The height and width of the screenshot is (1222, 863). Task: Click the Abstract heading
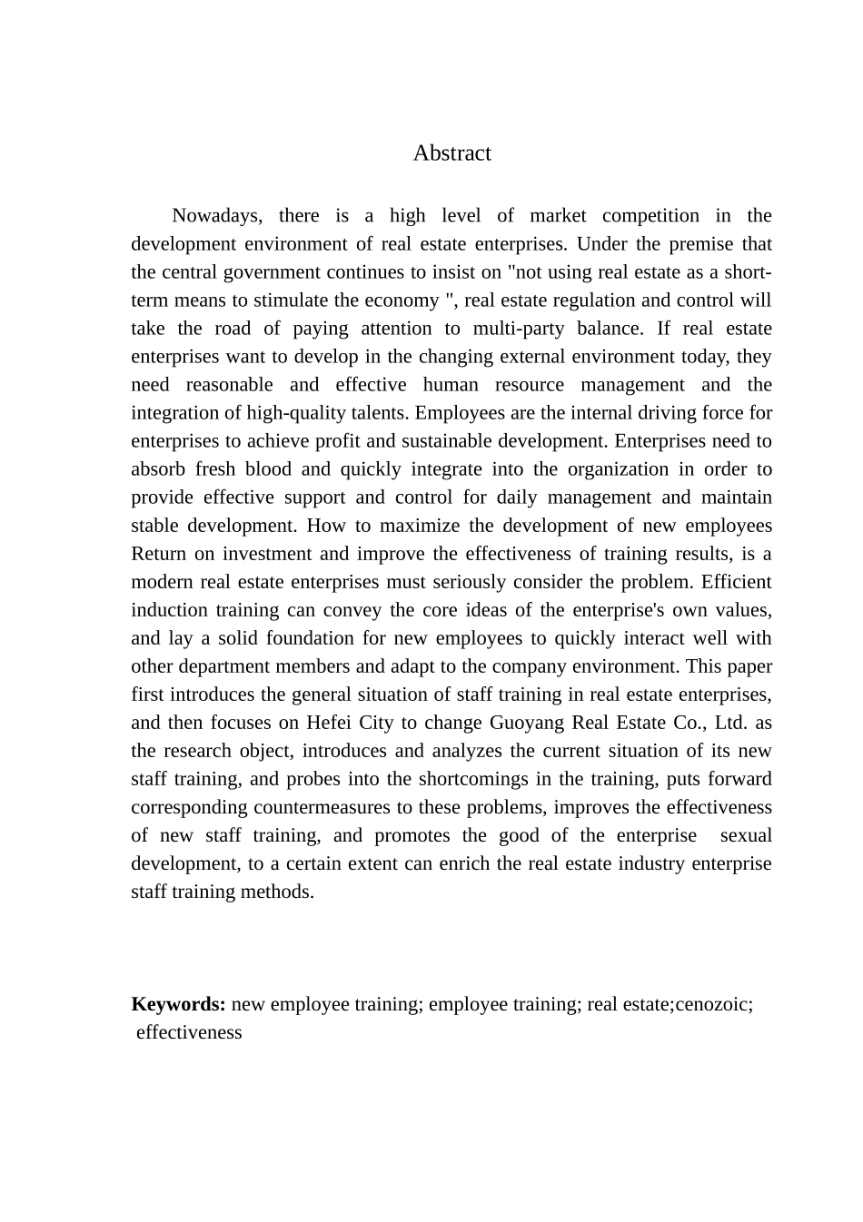pos(451,153)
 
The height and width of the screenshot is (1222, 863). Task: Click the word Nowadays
pos(217,216)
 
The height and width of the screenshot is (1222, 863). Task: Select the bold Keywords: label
pos(178,1004)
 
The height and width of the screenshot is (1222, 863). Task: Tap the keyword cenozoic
pos(712,1004)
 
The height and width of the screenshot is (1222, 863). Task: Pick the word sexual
pos(745,835)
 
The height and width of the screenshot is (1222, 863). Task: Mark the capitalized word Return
pos(158,554)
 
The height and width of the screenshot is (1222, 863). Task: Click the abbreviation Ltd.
pos(730,723)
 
